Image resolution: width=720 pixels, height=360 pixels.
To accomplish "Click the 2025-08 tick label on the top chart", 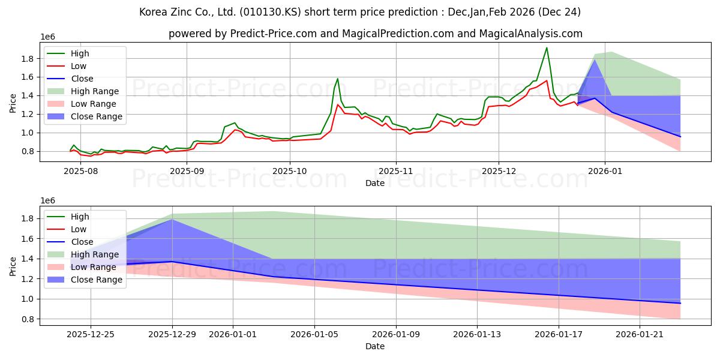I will [x=80, y=170].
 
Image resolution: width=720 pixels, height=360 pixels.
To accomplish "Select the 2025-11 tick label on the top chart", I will [x=395, y=170].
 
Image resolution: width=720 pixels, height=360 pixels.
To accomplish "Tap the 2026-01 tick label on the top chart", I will [x=605, y=170].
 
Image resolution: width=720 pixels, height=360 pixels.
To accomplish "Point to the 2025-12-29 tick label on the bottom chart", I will [x=172, y=333].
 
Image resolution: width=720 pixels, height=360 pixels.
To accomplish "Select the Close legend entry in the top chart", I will [x=82, y=79].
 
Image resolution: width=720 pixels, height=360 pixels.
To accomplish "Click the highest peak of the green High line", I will [x=547, y=47].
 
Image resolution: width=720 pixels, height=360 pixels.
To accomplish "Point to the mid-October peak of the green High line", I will [x=338, y=79].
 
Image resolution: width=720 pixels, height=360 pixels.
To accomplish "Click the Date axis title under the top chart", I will [x=375, y=183].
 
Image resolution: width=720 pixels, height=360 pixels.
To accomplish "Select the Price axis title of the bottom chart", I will [x=13, y=266].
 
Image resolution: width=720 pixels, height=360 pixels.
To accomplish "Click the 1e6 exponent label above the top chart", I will [x=47, y=37].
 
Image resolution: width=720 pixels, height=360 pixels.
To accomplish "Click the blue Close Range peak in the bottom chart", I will [x=173, y=219].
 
